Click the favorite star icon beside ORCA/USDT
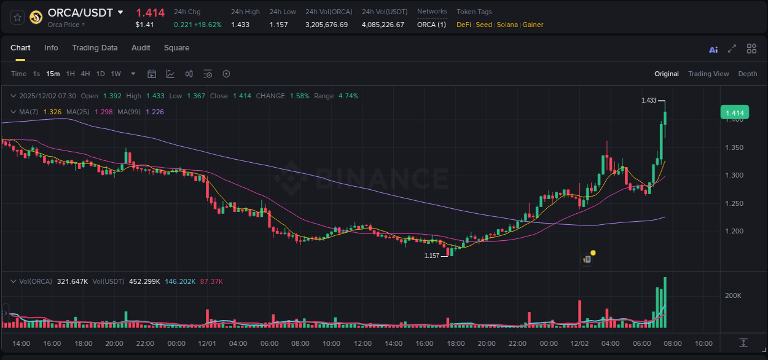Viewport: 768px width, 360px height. pos(17,17)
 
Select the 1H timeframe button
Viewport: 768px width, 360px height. pos(71,74)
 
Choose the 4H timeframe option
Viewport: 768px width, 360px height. pos(85,74)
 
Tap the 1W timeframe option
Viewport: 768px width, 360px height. pos(116,74)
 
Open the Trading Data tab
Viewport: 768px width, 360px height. pos(95,48)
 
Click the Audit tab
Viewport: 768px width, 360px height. pos(141,48)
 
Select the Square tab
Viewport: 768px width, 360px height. pos(176,48)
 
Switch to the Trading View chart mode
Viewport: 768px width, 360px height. pos(708,74)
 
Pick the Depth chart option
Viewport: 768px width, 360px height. pos(748,74)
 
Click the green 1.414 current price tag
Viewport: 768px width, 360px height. pos(735,113)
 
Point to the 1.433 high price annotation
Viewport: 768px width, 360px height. pos(649,100)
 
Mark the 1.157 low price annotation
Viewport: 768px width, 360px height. pos(432,256)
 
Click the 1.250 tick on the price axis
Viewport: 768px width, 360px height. pos(735,203)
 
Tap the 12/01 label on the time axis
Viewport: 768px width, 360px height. pos(207,343)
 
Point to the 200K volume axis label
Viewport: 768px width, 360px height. pos(733,295)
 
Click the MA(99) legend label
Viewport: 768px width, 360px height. pos(130,112)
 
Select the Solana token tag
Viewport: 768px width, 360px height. pos(507,25)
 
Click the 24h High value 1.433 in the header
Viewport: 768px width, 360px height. pos(240,25)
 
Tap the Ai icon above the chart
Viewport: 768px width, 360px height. pos(713,50)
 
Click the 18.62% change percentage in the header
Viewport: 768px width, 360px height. pos(209,25)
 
